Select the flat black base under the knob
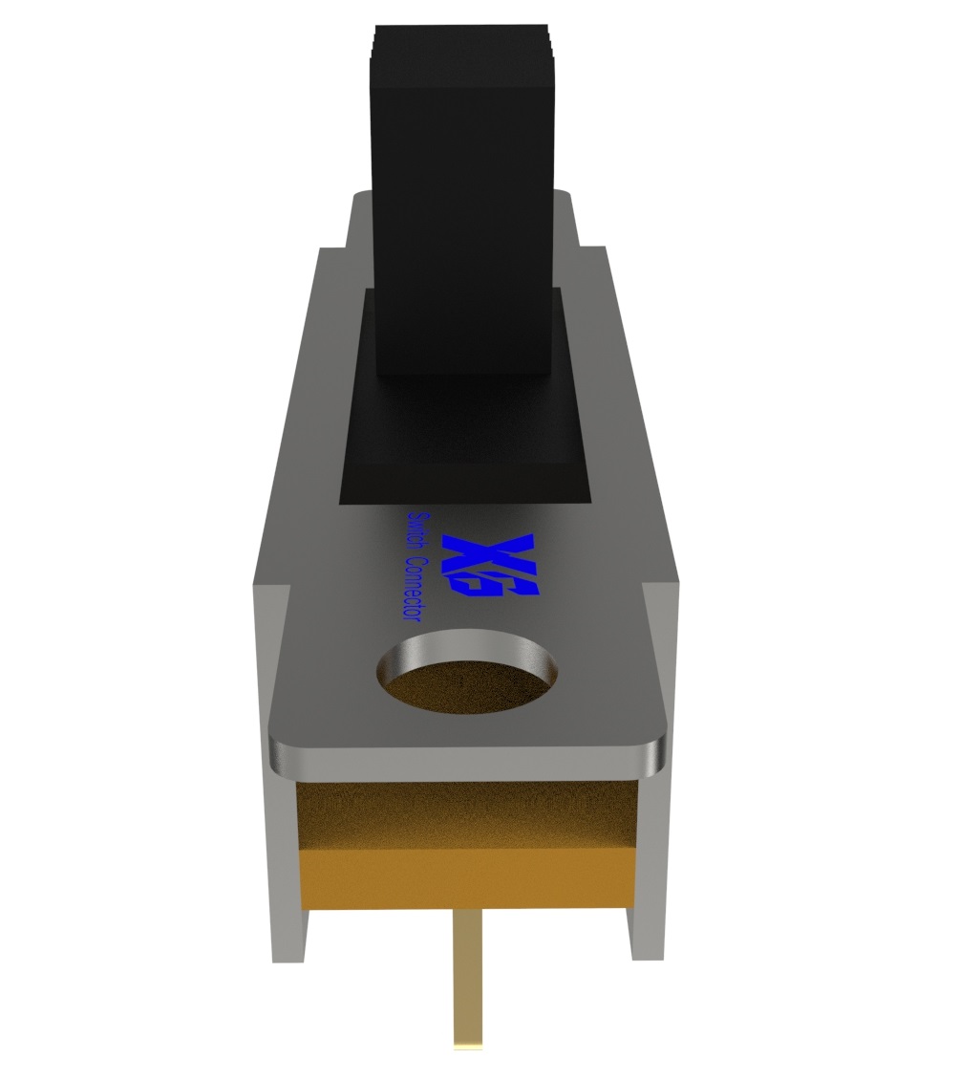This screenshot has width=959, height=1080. (465, 449)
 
